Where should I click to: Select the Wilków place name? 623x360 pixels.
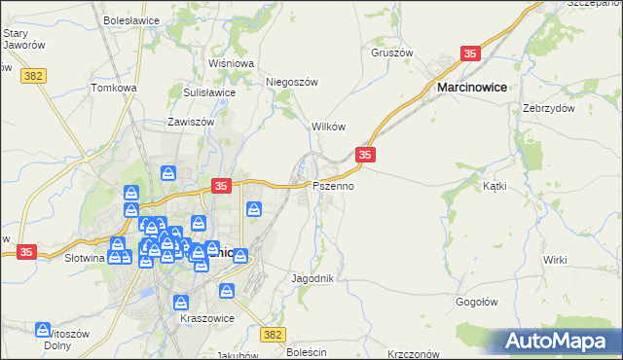(328, 127)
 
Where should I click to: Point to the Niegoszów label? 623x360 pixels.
(292, 83)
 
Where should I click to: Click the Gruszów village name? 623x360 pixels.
(392, 53)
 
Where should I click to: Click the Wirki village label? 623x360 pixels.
(555, 260)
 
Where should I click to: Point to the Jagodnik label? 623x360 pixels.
(312, 278)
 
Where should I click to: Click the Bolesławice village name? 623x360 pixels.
(131, 18)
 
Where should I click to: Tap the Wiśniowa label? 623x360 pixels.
(231, 63)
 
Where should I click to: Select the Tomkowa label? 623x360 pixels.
(114, 88)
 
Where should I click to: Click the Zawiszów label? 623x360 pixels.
(190, 124)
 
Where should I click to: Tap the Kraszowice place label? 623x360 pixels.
(203, 317)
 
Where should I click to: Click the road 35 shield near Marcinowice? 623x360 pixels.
(470, 55)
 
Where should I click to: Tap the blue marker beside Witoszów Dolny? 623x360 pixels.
(43, 331)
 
